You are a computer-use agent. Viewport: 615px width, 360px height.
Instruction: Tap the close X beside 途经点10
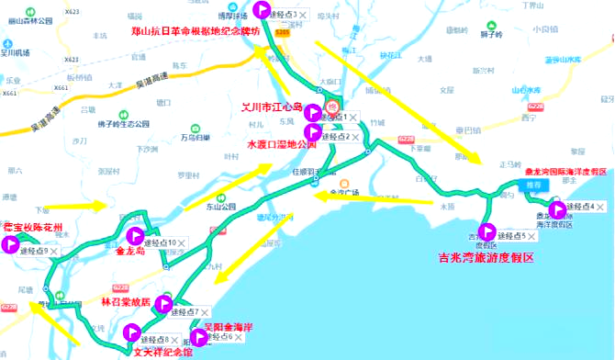(x=182, y=242)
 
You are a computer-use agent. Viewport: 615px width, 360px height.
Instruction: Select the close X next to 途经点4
(x=602, y=207)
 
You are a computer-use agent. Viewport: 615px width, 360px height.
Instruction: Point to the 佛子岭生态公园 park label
(x=123, y=124)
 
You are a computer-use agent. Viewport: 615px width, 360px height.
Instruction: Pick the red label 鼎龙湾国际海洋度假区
(x=565, y=171)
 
